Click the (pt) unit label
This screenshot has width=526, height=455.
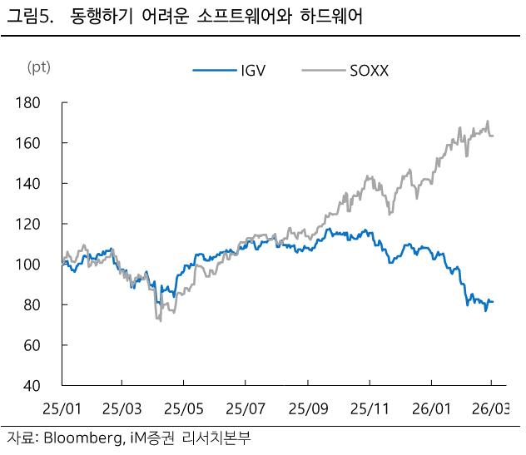tap(38, 67)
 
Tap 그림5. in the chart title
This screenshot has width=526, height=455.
tap(30, 17)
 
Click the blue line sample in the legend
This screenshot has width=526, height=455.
tap(211, 71)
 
